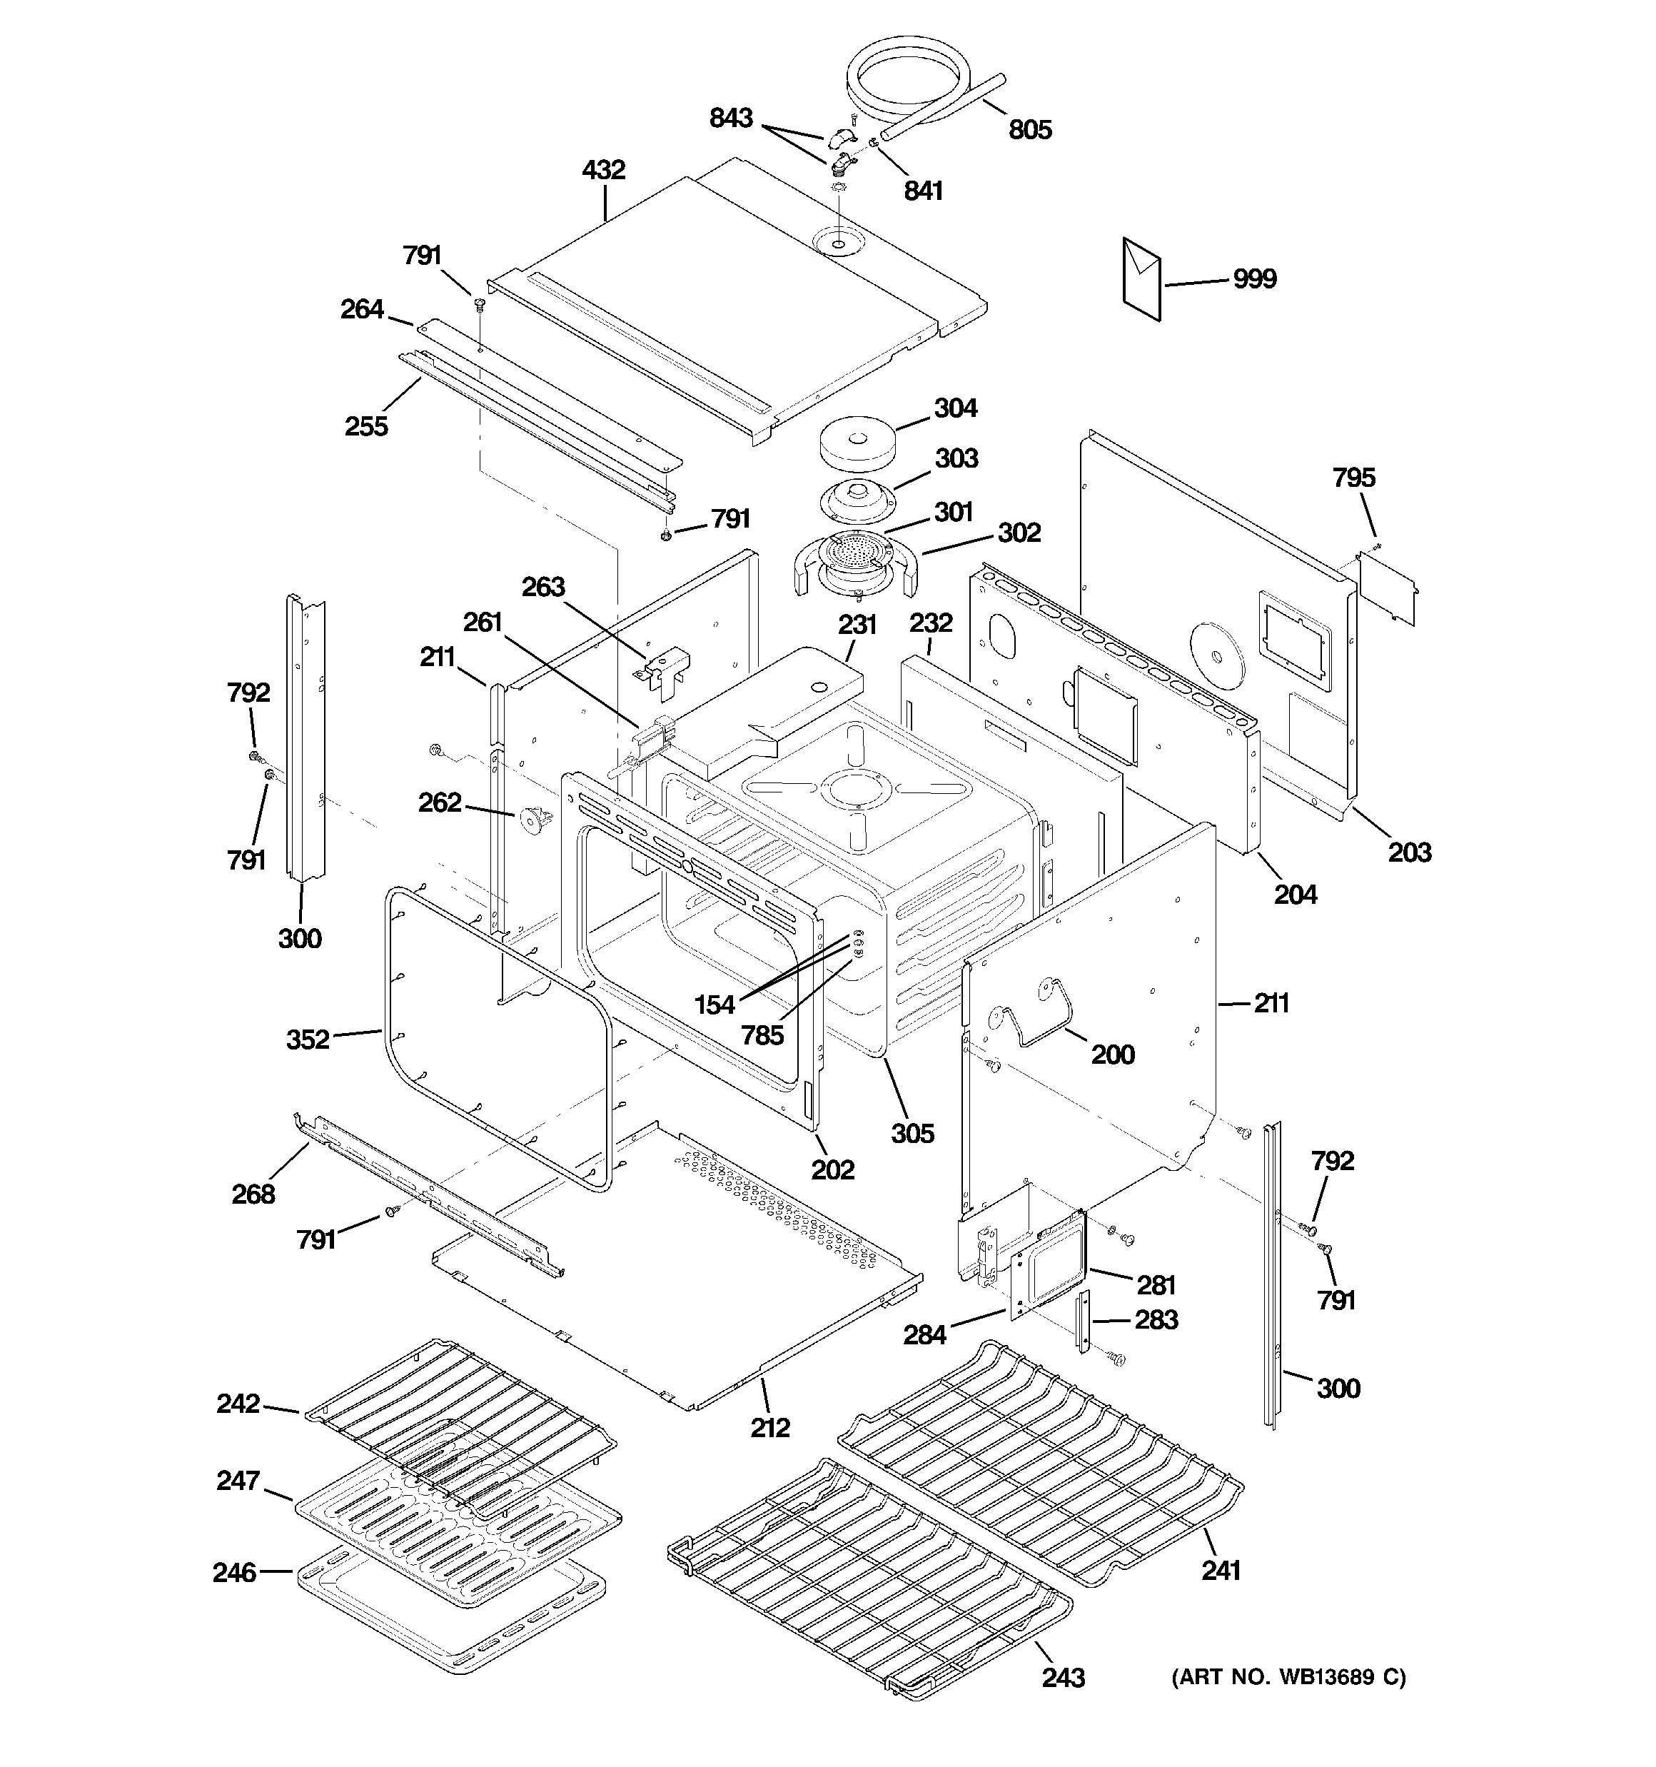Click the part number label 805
1029,130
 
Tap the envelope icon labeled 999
1141,279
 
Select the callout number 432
604,170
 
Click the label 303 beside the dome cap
956,458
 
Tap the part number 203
1410,852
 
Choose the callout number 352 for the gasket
308,1039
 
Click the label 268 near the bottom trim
253,1194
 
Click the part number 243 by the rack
1063,1677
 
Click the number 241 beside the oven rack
1221,1571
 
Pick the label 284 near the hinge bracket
924,1334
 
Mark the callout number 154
715,1005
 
